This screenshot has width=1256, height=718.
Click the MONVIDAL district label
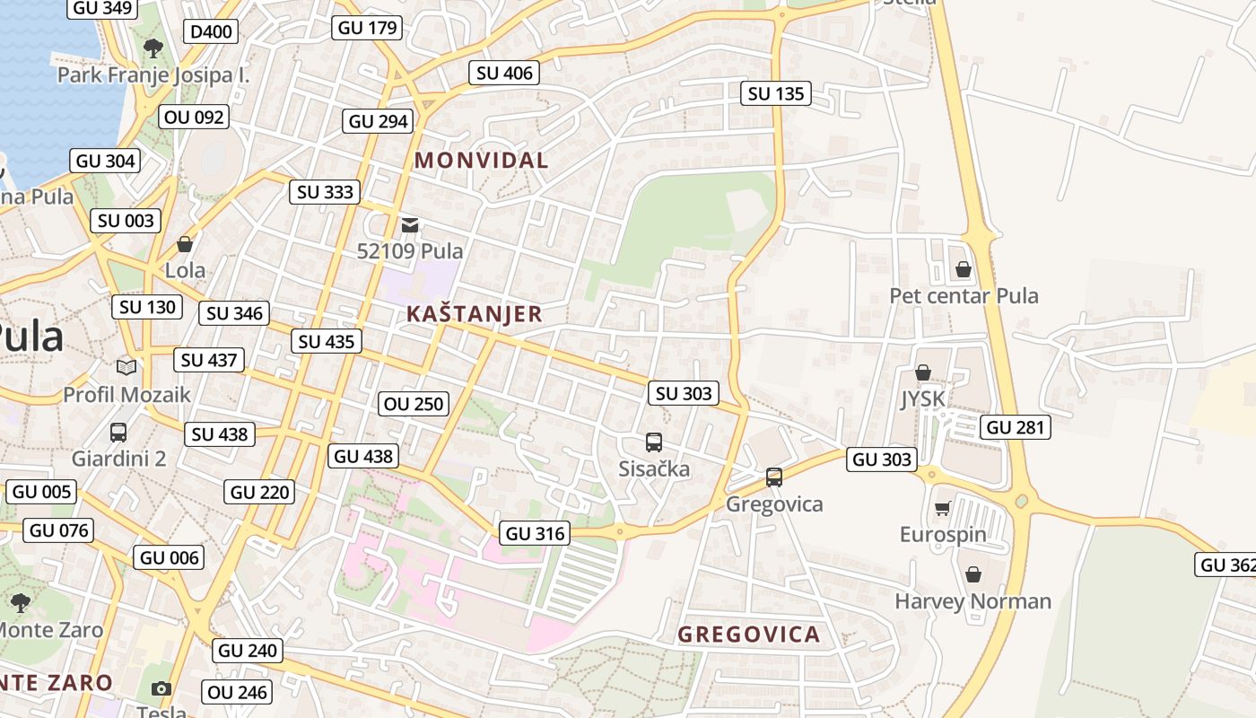coord(481,161)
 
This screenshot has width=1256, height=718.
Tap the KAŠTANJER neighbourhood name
coord(474,314)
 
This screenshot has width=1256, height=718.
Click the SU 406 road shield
coord(504,73)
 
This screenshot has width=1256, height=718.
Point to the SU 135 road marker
coord(776,93)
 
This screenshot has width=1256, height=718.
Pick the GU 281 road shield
coord(1016,427)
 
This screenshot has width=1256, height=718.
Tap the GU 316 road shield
coord(536,534)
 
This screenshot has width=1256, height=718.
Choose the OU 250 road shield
coord(414,404)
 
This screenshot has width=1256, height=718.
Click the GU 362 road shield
coord(1226,565)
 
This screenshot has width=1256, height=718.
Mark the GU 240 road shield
coord(249,651)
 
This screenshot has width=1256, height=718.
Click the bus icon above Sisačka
coord(654,442)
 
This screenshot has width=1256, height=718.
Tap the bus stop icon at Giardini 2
coord(118,433)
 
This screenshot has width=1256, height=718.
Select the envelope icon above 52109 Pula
coord(410,224)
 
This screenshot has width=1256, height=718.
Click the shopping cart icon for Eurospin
coord(942,509)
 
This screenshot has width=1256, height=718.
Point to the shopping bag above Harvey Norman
coord(973,574)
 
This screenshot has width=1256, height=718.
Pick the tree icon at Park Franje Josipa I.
coord(153,48)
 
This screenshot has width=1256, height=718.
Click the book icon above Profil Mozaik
coord(126,367)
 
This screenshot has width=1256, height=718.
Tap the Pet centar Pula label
coord(964,296)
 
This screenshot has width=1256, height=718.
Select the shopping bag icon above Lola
coord(185,244)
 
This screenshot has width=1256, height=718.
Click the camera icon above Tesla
coord(161,688)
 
